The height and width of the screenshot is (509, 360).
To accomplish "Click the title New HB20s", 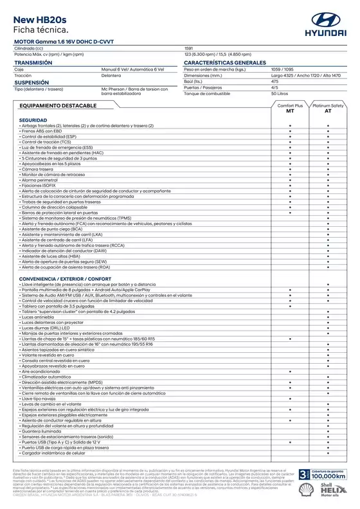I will (40, 21).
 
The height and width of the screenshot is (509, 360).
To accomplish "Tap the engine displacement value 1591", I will (188, 49).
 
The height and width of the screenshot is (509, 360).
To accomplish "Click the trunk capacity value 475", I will (274, 82).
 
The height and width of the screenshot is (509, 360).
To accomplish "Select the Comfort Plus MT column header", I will (290, 108).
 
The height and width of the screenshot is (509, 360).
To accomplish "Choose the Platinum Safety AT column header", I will (328, 108).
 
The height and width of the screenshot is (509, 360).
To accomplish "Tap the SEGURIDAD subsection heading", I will (33, 120).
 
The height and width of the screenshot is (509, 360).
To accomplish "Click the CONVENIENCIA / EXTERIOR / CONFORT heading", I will (65, 278).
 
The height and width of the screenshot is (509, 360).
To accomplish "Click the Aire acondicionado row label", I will (44, 371).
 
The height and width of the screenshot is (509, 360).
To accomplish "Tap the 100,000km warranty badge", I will (321, 474).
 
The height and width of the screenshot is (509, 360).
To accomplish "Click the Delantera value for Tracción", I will (111, 76).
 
